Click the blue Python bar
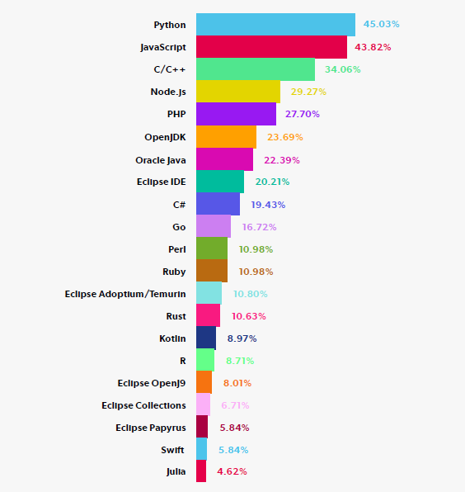pyautogui.click(x=275, y=25)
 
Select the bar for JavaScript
pyautogui.click(x=271, y=47)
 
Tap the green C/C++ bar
pyautogui.click(x=256, y=69)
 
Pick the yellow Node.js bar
pyautogui.click(x=238, y=92)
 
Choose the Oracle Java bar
pyautogui.click(x=224, y=158)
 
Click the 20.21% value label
pyautogui.click(x=272, y=182)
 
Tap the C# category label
pyautogui.click(x=179, y=204)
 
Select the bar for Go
pyautogui.click(x=214, y=226)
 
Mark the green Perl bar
pyautogui.click(x=212, y=248)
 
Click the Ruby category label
pyautogui.click(x=174, y=272)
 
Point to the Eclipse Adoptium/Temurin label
pyautogui.click(x=125, y=294)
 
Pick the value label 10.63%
pyautogui.click(x=248, y=316)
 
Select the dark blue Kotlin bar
pyautogui.click(x=206, y=338)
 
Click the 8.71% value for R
pyautogui.click(x=240, y=361)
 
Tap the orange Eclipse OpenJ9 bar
pyautogui.click(x=204, y=383)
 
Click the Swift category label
pyautogui.click(x=173, y=450)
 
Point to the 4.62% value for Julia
pyautogui.click(x=232, y=472)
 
